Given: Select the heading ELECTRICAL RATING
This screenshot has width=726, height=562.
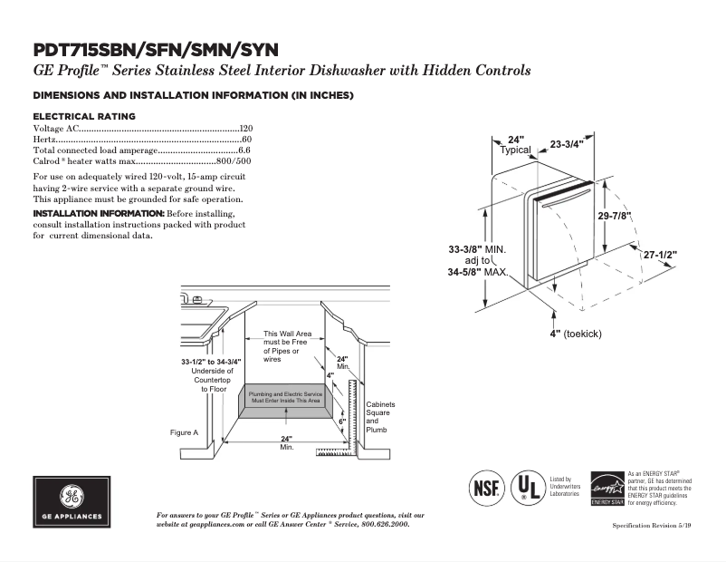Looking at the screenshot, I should click(84, 116).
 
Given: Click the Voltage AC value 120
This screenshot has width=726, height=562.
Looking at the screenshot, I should click(245, 129).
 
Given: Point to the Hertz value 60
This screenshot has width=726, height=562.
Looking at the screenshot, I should click(247, 140).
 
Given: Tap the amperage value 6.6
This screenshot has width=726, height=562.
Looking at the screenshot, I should click(244, 150).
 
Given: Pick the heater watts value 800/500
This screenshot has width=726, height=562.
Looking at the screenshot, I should click(234, 161).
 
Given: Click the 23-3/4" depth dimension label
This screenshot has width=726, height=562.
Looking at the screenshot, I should click(567, 144).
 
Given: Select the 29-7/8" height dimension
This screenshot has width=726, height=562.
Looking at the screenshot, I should click(614, 216).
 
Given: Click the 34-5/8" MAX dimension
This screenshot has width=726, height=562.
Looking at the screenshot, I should click(478, 272).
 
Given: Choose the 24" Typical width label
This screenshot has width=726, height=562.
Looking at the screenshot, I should click(516, 145).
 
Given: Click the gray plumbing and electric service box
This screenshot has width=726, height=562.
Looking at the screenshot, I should click(286, 398).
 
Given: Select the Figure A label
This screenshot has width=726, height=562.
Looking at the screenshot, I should click(184, 432).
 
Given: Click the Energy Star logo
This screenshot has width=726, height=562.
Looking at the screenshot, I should click(607, 489).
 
